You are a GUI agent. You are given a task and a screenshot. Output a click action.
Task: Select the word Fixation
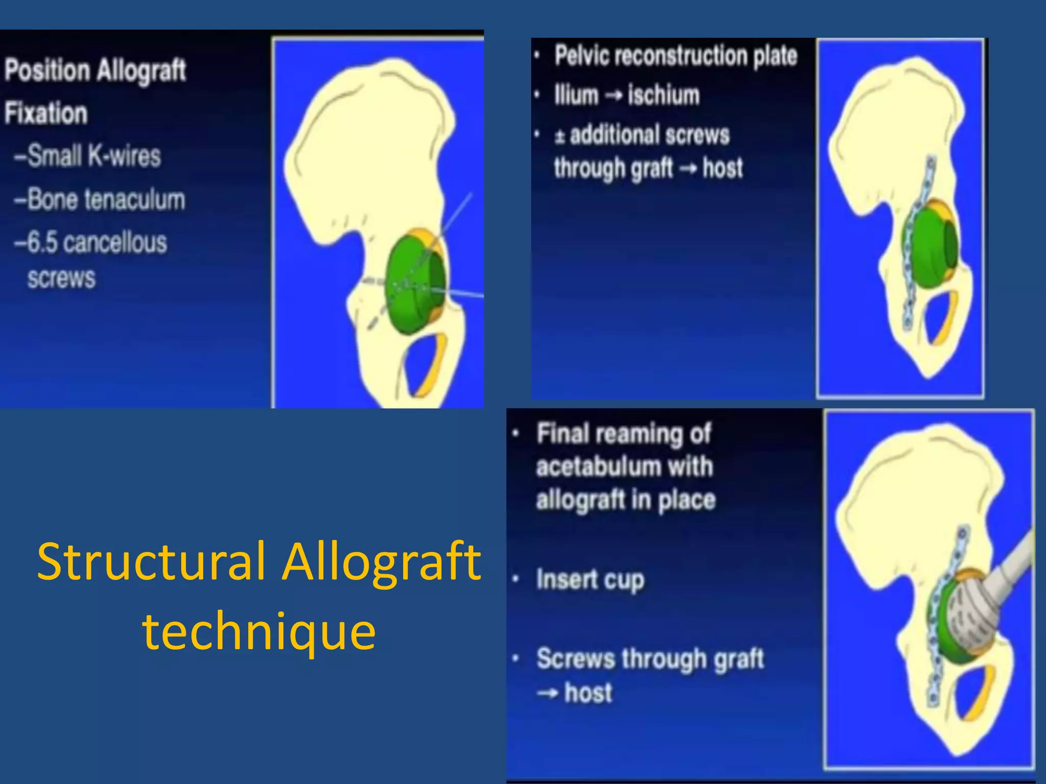(x=46, y=113)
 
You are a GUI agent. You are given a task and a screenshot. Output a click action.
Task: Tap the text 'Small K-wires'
(x=88, y=155)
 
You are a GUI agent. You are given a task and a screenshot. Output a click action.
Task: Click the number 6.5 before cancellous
(x=42, y=242)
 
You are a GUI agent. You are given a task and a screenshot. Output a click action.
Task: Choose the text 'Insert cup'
(x=590, y=580)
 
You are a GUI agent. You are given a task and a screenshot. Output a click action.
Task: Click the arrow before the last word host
(x=548, y=693)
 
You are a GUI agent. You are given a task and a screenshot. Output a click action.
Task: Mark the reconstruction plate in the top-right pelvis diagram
(x=916, y=245)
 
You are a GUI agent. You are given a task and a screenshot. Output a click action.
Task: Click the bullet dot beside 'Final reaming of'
(x=516, y=434)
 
